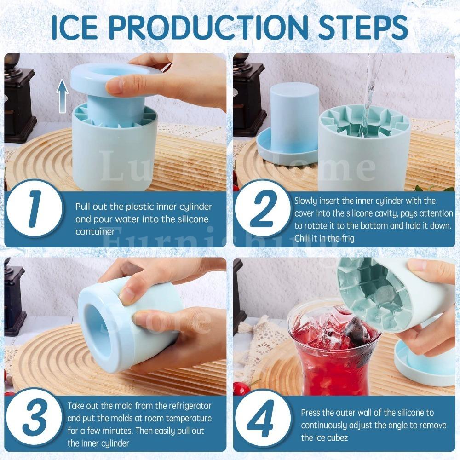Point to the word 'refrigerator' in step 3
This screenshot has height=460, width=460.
point(189,406)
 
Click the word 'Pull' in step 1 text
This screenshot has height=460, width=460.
point(83,207)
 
